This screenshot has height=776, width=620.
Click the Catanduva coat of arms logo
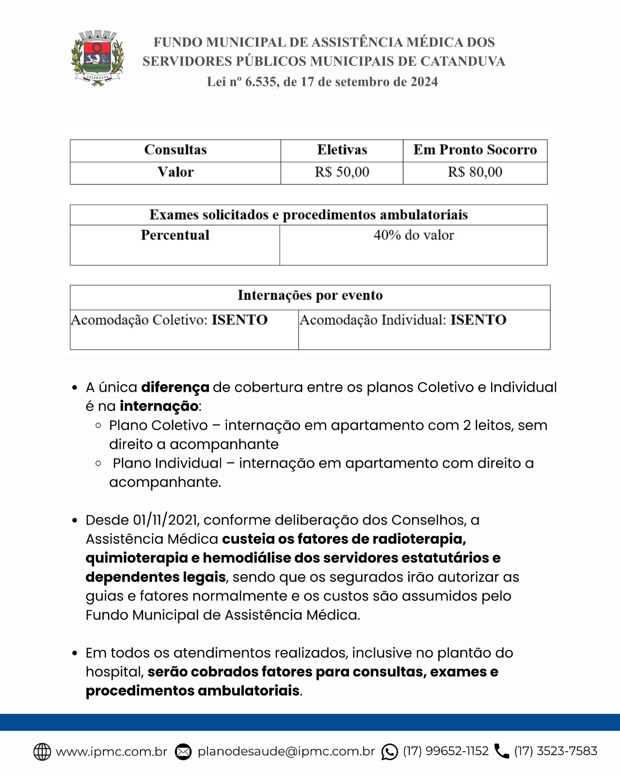click(x=97, y=58)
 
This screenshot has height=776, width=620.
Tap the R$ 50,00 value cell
click(x=342, y=172)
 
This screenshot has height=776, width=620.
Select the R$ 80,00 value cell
click(x=475, y=172)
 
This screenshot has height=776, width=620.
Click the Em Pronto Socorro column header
click(x=475, y=150)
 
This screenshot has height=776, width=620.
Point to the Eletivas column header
click(x=342, y=150)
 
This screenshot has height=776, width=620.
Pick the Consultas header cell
click(x=175, y=150)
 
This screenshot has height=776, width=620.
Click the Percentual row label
click(x=175, y=235)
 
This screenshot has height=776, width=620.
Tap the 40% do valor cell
click(x=413, y=235)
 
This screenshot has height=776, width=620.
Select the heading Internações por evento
click(x=310, y=295)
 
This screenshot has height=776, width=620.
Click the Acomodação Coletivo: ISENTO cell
click(x=169, y=320)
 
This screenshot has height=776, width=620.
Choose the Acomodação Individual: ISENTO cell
click(x=403, y=320)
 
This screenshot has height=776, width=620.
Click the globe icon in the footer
click(x=42, y=752)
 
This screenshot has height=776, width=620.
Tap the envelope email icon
click(x=183, y=752)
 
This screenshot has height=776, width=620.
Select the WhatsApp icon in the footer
click(x=389, y=752)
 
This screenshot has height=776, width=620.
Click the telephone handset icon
click(x=502, y=751)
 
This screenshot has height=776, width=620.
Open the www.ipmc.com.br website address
click(x=111, y=751)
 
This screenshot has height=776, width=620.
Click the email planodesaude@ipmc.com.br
click(x=286, y=751)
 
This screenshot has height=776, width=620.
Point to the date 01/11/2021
click(x=165, y=520)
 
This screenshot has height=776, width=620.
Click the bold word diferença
click(x=175, y=388)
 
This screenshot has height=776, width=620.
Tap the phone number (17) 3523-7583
click(x=556, y=751)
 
